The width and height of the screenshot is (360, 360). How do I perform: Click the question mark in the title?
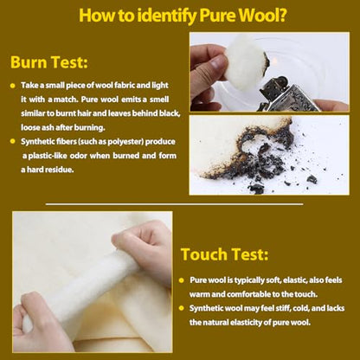coord(280,15)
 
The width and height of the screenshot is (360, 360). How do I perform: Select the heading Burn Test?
coord(49,62)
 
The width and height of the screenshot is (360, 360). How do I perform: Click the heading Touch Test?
coord(224,254)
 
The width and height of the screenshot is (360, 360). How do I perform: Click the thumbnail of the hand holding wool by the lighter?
coord(269,72)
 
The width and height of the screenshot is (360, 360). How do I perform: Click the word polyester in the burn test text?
coord(127,142)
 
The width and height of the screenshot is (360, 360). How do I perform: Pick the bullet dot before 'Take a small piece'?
coord(12,86)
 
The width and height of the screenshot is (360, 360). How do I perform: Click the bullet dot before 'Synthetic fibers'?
coord(12,141)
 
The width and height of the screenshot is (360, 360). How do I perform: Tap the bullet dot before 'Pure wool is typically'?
coord(181,280)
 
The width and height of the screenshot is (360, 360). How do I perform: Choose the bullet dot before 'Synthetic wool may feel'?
coord(181,308)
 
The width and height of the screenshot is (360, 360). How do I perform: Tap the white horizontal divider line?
coord(174,204)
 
